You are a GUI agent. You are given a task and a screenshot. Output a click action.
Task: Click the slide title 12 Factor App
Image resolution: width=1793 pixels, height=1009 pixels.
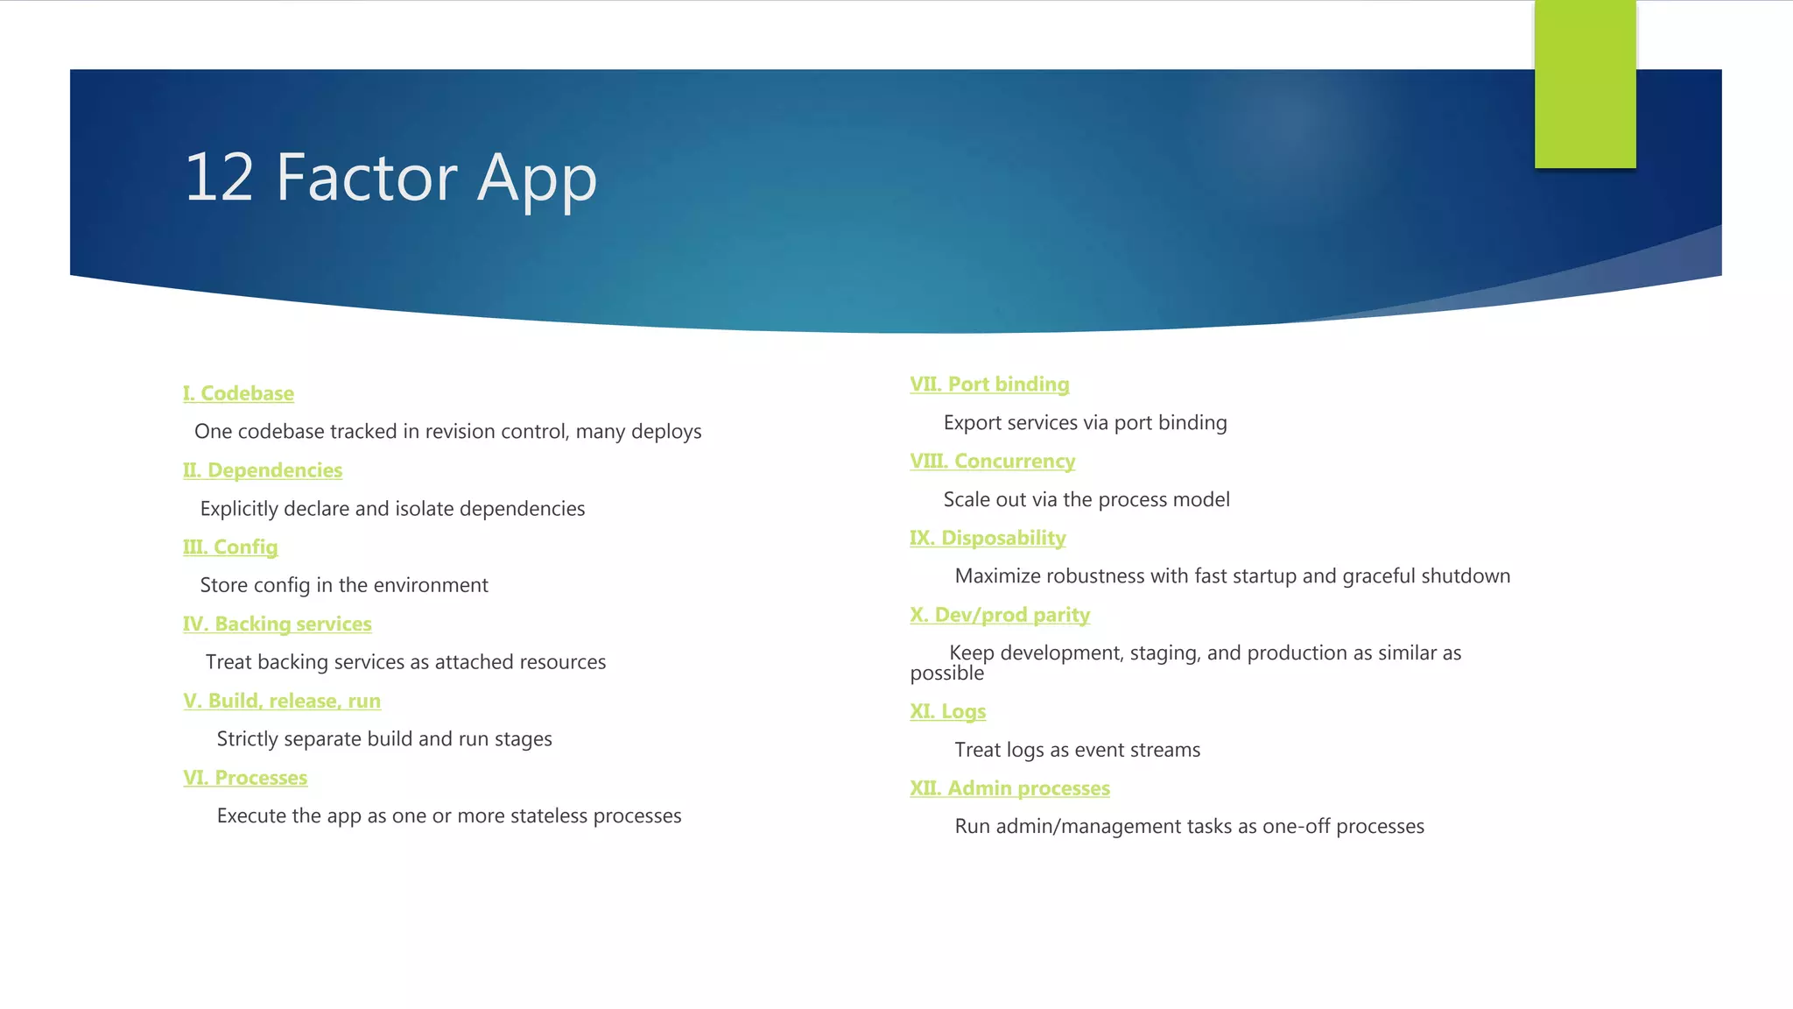tap(390, 178)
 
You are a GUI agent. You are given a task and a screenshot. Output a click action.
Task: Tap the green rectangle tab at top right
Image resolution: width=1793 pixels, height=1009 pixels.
tap(1585, 84)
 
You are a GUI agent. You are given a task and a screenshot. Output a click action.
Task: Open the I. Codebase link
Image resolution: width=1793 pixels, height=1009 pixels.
tap(238, 393)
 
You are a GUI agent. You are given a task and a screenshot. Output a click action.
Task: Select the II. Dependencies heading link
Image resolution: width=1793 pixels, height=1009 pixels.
tap(263, 470)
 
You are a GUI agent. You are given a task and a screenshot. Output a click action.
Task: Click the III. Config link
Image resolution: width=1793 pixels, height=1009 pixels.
tap(230, 547)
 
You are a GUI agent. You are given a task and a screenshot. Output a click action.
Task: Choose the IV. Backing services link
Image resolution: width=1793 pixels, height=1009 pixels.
tap(277, 624)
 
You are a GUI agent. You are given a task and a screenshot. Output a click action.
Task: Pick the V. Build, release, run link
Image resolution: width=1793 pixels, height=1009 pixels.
tap(282, 701)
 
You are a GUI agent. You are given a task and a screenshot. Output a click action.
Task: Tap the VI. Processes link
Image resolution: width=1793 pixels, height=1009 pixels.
tap(245, 778)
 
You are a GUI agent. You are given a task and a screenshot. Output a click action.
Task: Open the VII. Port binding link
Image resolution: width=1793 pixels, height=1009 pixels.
tap(989, 385)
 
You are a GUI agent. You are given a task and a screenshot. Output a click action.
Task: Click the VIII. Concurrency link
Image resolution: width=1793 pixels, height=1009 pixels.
tap(992, 462)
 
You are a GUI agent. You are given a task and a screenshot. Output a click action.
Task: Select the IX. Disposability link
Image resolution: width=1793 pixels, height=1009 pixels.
tap(988, 538)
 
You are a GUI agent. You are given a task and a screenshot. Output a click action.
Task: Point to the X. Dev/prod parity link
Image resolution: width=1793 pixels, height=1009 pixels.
tap(1000, 615)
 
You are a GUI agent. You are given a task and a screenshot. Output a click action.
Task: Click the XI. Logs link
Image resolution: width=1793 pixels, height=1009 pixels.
tap(947, 711)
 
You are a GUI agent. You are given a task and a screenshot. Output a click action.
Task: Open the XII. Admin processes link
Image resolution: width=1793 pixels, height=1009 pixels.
tap(1009, 788)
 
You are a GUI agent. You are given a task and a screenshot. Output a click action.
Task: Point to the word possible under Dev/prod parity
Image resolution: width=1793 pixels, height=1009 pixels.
tap(946, 674)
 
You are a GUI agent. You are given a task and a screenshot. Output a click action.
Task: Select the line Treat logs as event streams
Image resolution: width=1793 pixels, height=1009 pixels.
tap(1077, 751)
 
